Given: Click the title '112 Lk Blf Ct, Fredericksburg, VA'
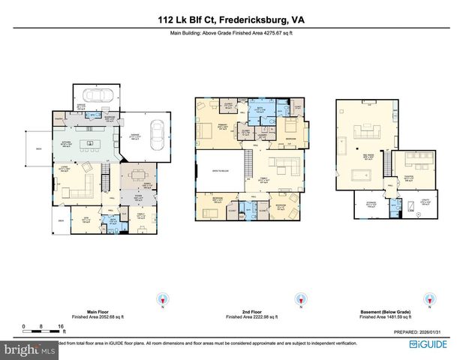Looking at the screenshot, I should pyautogui.click(x=233, y=21).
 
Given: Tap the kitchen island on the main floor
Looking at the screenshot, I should pyautogui.click(x=92, y=142).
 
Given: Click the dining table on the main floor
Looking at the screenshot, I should pyautogui.click(x=137, y=175).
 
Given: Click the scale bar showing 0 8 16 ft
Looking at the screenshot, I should pyautogui.click(x=44, y=328).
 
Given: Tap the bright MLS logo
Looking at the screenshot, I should pyautogui.click(x=29, y=349).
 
